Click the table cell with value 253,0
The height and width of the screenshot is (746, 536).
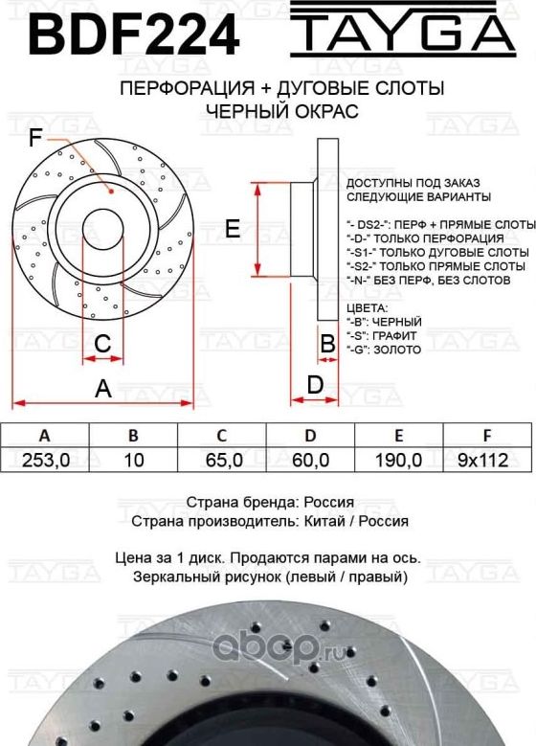[x=45, y=460]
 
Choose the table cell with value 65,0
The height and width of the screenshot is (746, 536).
[x=223, y=460]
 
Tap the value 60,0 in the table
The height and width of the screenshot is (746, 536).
[x=310, y=460]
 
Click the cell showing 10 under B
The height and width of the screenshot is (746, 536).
[x=134, y=460]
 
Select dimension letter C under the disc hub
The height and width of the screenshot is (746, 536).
[x=103, y=343]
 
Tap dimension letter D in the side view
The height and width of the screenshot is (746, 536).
[x=314, y=385]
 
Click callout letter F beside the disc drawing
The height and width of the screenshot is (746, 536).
[x=35, y=138]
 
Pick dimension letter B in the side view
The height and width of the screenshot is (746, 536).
[x=326, y=342]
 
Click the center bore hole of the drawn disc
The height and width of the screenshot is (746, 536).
[x=103, y=228]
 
